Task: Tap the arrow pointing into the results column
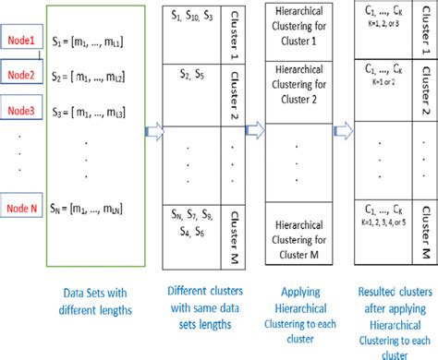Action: click(343, 133)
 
